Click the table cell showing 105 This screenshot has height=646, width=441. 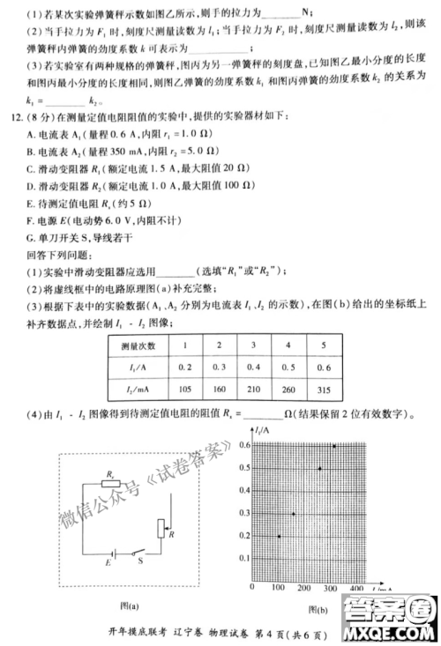pyautogui.click(x=185, y=390)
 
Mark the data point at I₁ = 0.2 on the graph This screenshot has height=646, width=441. pyautogui.click(x=280, y=536)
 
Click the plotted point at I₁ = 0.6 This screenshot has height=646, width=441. pyautogui.click(x=334, y=446)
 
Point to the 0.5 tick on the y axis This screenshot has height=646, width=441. pyautogui.click(x=244, y=468)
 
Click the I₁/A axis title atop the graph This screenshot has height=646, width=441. pyautogui.click(x=261, y=431)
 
